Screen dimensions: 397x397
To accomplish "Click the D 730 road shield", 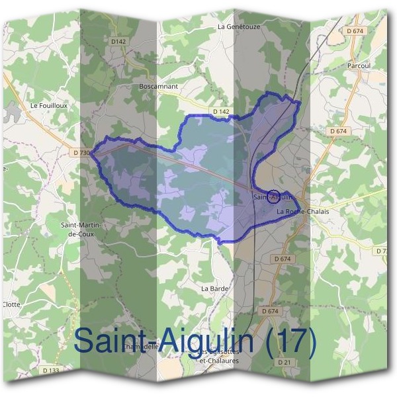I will click(x=81, y=153).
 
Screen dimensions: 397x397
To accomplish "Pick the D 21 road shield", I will click(x=285, y=362).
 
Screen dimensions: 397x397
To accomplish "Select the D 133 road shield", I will click(x=50, y=370).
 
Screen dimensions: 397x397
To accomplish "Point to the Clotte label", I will click(x=11, y=304).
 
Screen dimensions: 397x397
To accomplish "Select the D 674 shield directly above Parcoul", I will click(x=355, y=31).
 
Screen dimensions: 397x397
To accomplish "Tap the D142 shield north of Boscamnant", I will click(x=118, y=41).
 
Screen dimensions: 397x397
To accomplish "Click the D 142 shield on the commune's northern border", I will click(x=221, y=112).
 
